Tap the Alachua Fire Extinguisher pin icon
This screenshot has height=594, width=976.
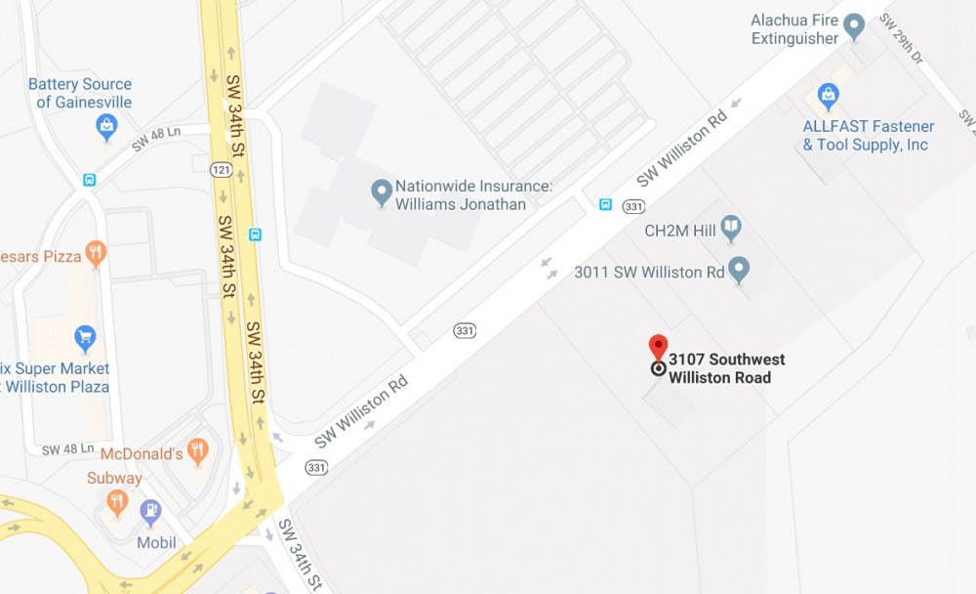855,26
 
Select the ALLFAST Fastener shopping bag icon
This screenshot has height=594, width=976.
829,97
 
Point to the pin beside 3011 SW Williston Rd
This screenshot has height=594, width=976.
740,270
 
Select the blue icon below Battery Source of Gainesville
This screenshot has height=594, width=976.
106,126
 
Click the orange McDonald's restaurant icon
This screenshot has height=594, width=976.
198,451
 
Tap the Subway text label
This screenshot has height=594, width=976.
114,479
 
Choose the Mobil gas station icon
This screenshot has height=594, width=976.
150,511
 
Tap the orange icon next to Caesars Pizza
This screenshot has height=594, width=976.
95,255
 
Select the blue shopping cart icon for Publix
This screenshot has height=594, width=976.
85,338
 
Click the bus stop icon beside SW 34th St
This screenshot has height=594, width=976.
256,234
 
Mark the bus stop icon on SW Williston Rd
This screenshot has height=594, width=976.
605,204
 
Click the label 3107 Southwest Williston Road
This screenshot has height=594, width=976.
726,368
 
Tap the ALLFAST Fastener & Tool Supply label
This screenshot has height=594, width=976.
867,136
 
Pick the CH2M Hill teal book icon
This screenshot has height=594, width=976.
730,231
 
